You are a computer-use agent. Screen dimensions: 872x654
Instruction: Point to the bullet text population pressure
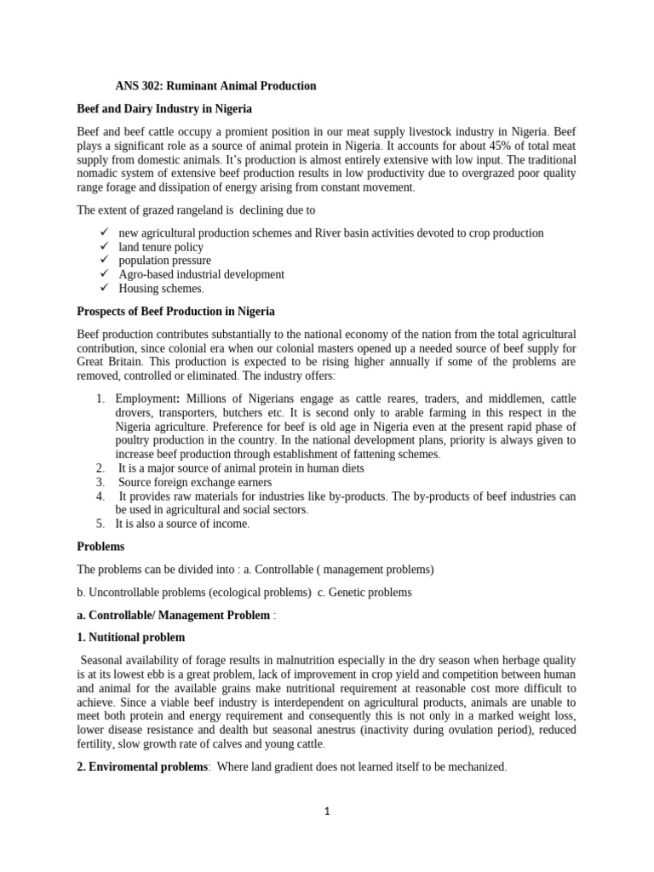(x=164, y=261)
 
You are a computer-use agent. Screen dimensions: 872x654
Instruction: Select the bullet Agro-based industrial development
(x=201, y=274)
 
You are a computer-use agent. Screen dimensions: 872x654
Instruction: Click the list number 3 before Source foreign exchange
(x=100, y=482)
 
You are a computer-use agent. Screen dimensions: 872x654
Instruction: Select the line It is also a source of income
(x=182, y=524)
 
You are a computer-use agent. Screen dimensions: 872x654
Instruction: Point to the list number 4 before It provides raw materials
(x=100, y=496)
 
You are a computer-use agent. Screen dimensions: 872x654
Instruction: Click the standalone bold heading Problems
(x=100, y=546)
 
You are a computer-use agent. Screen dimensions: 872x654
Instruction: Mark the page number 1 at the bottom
(x=327, y=812)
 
